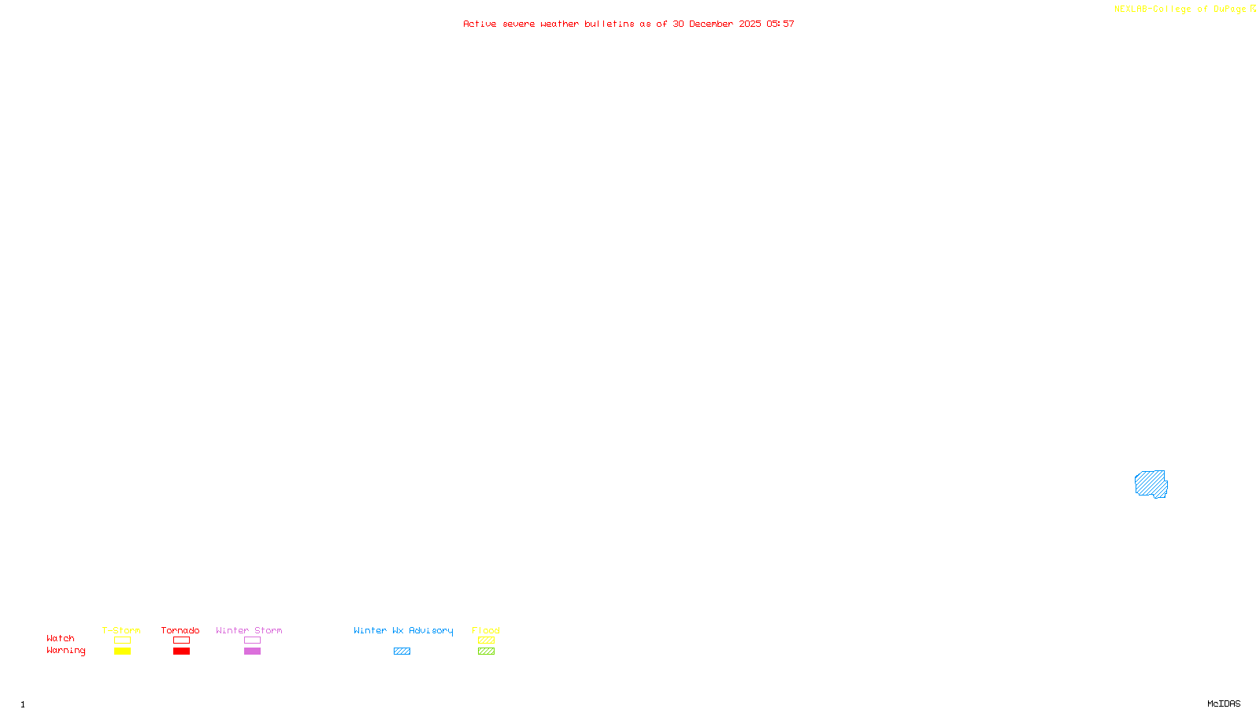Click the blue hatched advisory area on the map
coord(1151,484)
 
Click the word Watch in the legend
coord(61,638)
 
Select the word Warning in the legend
coord(65,651)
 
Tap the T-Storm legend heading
coord(121,630)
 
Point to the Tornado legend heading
coord(180,630)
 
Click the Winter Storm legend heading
coord(249,630)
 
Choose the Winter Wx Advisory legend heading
coord(403,630)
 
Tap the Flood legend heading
coord(486,630)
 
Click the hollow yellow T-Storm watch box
coord(122,640)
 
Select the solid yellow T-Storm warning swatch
coord(122,651)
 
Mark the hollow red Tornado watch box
coord(181,640)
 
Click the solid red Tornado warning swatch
coord(181,651)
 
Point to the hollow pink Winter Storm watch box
coord(252,640)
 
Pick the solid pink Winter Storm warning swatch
coord(252,651)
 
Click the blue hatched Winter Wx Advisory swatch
coord(402,651)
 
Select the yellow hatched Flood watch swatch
coord(486,640)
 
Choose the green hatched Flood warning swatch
coord(486,651)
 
